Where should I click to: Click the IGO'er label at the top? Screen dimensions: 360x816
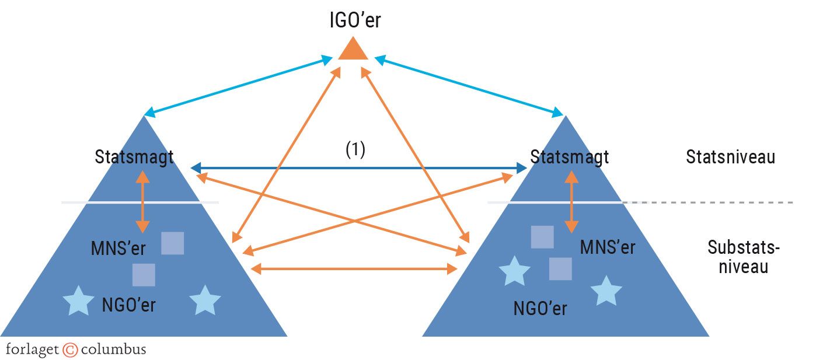[354, 21]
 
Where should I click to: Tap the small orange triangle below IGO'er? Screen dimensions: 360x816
[353, 50]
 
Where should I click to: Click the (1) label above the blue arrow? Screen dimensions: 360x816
[355, 150]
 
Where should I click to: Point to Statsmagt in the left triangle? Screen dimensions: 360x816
[135, 157]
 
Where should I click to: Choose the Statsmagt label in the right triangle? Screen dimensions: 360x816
[570, 157]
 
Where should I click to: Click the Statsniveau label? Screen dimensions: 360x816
[730, 157]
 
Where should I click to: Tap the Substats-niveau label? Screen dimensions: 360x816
[743, 257]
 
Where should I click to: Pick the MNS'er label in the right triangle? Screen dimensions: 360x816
[607, 247]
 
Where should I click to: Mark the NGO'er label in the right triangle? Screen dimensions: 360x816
[540, 307]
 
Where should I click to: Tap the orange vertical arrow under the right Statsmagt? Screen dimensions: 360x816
[571, 201]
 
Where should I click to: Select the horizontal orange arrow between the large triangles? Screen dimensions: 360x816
[354, 268]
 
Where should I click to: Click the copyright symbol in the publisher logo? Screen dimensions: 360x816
[70, 350]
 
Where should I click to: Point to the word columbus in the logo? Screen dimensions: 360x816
[113, 350]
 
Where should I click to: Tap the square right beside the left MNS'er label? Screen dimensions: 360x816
[172, 243]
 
